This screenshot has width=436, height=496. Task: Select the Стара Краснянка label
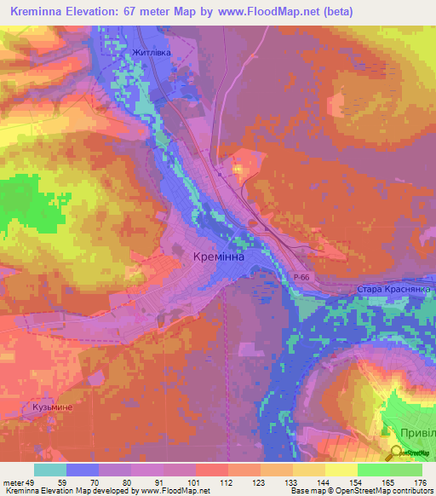tap(393, 290)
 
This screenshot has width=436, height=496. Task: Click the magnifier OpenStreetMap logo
tap(395, 453)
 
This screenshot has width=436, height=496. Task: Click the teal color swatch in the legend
tap(50, 470)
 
